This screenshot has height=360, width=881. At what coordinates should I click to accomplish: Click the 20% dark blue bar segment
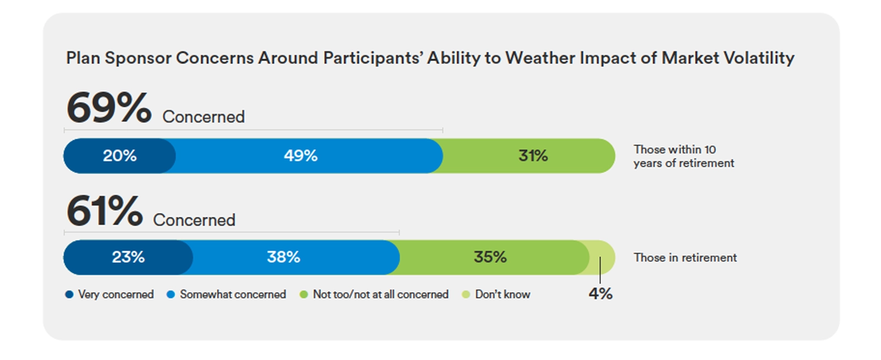point(119,156)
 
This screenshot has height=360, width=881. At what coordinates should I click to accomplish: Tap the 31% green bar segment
point(532,156)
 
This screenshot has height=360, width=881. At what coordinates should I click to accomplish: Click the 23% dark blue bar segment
point(128,257)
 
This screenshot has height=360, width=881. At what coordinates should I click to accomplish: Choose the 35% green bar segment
point(490,257)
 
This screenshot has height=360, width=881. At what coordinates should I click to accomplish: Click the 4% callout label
point(600,293)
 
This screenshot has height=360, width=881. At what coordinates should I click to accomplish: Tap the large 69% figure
point(108,108)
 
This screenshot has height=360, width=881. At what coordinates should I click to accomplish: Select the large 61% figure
point(104,211)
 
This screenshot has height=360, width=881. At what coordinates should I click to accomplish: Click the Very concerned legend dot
point(69,294)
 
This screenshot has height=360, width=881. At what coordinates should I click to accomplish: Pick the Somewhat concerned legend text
point(232,294)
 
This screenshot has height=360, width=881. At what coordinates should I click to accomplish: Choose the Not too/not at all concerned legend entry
point(380,294)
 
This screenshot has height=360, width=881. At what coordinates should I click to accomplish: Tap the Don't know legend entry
point(502,294)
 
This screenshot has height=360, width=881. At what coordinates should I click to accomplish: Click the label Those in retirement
point(684,258)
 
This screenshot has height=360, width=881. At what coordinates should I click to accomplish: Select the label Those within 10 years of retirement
point(683,156)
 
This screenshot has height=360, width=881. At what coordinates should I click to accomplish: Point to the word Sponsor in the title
point(138,58)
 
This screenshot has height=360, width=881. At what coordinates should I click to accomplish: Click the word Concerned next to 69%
point(203,117)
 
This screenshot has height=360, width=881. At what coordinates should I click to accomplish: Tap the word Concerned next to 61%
point(194,220)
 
